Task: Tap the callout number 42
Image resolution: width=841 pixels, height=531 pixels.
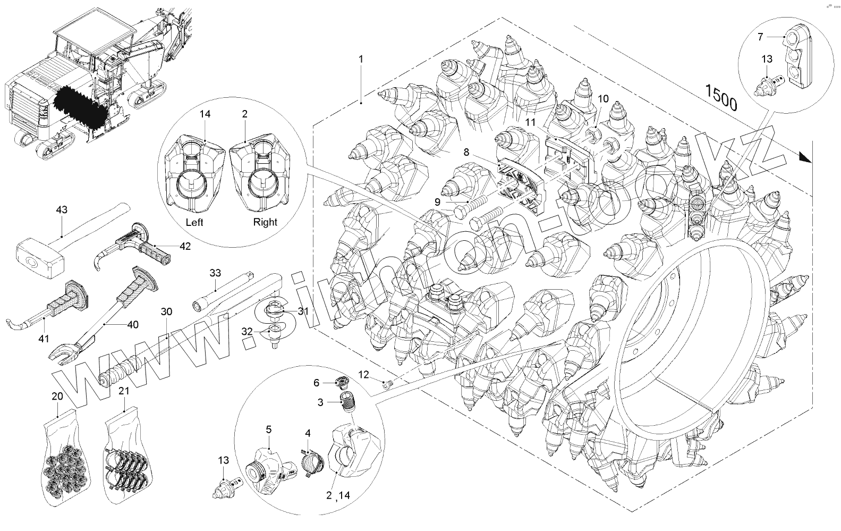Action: (x=184, y=246)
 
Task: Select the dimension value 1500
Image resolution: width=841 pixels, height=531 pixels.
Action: (x=721, y=97)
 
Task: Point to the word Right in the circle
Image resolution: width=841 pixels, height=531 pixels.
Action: (x=265, y=222)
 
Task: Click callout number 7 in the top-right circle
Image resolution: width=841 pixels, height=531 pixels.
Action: (x=760, y=37)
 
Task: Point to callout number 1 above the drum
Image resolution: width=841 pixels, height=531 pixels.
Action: (x=361, y=59)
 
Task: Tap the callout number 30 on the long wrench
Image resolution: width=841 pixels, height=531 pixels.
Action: (x=166, y=312)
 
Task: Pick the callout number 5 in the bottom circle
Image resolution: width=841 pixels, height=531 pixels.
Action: (x=269, y=429)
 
